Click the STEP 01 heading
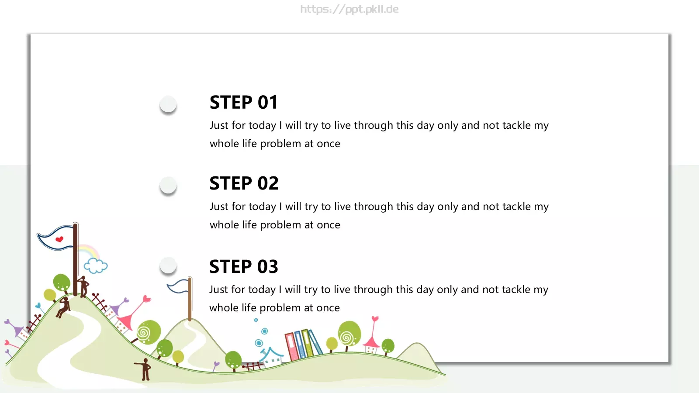(243, 102)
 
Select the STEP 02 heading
(244, 183)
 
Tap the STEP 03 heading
(243, 266)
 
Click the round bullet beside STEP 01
(168, 104)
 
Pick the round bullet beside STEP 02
(168, 185)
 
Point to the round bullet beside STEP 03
(168, 266)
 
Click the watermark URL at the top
(349, 9)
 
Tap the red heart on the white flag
(59, 239)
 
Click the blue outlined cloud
(96, 266)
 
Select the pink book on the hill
(292, 347)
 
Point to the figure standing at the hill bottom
(145, 369)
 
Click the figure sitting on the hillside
(63, 307)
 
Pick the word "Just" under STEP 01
(219, 125)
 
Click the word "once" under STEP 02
(328, 225)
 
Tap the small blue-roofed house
(271, 356)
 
